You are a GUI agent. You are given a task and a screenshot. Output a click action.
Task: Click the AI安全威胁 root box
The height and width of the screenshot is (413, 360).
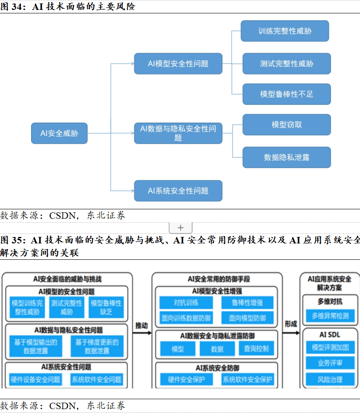click(59, 133)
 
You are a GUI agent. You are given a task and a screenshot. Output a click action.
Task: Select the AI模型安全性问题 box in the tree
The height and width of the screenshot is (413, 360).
click(178, 64)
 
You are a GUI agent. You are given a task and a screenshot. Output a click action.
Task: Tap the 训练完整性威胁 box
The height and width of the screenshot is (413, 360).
click(285, 31)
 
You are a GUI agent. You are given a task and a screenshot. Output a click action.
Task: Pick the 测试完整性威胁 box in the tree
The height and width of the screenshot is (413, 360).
click(287, 64)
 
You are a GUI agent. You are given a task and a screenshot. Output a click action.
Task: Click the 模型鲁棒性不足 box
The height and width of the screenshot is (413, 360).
click(287, 94)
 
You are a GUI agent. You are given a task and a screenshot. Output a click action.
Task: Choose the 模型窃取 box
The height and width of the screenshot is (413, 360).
click(287, 125)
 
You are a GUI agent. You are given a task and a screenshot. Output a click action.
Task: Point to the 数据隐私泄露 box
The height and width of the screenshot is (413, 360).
click(287, 158)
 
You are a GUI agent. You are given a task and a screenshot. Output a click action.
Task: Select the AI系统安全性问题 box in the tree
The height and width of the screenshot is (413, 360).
click(178, 191)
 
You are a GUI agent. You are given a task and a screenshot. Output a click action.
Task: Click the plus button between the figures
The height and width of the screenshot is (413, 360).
click(180, 228)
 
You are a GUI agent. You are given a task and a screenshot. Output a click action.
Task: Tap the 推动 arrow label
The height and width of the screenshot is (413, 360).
click(142, 325)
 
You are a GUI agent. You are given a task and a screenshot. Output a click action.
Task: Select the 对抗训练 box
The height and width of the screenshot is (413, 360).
click(186, 303)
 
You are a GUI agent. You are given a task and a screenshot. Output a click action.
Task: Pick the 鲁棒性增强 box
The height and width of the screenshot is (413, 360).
click(247, 303)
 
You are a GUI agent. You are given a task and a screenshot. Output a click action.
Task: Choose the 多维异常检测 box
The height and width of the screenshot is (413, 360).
click(330, 316)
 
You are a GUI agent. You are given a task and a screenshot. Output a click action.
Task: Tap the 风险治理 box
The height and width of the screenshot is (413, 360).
click(330, 379)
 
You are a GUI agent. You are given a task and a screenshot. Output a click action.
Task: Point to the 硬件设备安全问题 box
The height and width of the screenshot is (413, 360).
click(36, 380)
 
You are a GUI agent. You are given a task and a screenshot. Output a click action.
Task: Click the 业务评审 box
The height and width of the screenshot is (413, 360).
click(330, 363)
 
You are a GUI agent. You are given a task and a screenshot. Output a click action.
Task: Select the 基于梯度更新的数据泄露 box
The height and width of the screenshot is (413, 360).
click(97, 347)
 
